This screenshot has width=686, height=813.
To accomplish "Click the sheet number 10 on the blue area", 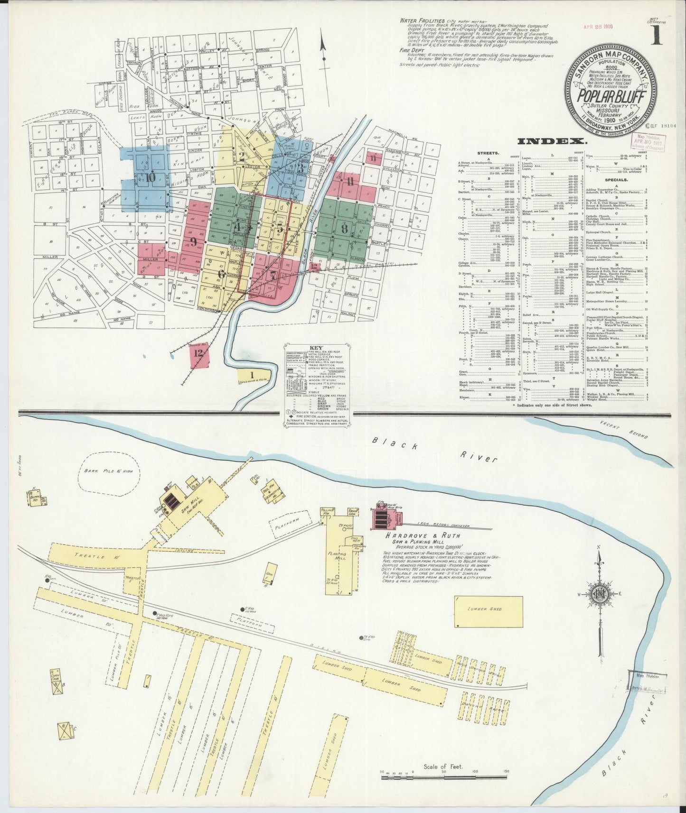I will point(150,177).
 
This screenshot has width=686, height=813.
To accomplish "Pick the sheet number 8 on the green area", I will point(345,228).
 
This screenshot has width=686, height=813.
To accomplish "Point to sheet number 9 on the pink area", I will point(193,241).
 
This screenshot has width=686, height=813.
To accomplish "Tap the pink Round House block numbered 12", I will point(198,353).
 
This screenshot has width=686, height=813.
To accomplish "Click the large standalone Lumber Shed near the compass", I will point(488,609).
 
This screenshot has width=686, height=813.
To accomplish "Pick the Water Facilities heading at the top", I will point(422,21).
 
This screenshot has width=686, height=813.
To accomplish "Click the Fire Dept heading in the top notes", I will point(411,49).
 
